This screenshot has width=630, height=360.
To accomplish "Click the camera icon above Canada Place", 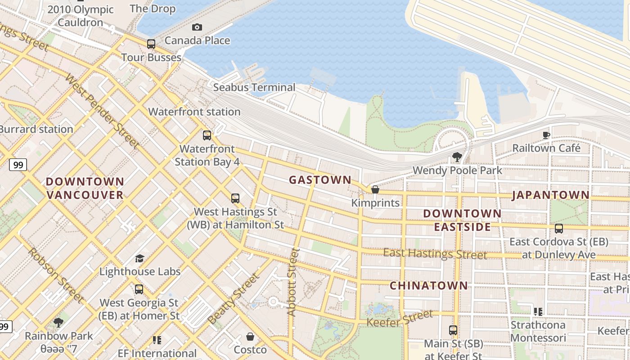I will [x=197, y=27].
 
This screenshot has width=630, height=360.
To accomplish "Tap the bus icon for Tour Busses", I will [x=151, y=44].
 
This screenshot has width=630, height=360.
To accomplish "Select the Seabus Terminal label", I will [x=254, y=87].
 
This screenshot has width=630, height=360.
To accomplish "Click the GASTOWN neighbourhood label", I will [x=320, y=180].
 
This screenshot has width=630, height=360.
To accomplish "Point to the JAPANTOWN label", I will [x=550, y=195].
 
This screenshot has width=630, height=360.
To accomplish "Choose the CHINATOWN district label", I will [x=428, y=285].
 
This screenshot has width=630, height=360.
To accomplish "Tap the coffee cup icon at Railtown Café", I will [x=546, y=135].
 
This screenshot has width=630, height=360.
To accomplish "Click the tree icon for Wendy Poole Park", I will [x=457, y=157].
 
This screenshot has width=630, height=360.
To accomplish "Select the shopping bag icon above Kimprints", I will [x=375, y=190].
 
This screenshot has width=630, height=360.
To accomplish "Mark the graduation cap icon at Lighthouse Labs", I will [x=139, y=258].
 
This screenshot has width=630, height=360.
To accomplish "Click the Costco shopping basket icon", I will [x=250, y=337].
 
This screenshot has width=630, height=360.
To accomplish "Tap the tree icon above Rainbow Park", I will [x=58, y=322].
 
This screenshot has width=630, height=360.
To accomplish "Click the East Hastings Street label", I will [x=435, y=254].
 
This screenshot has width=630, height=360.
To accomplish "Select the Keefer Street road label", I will [x=400, y=318].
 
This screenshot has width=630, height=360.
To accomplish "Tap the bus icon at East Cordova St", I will [x=558, y=229].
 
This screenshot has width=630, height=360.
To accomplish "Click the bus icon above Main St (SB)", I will [x=453, y=330].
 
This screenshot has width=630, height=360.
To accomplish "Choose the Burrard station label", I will [x=36, y=129].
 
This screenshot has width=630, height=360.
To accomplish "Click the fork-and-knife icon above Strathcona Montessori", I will [x=538, y=311].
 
